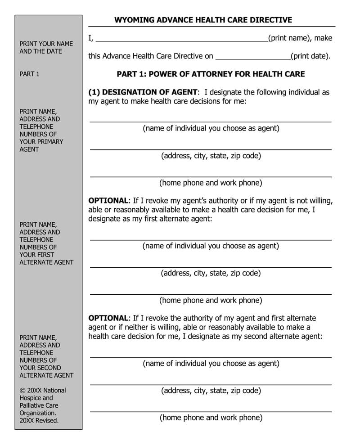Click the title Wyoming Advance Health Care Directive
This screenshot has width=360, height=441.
(x=203, y=20)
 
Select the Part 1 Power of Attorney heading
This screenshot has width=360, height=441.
(x=211, y=74)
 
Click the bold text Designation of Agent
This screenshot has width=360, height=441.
(x=143, y=92)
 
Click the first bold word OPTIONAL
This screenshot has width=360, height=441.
(x=108, y=201)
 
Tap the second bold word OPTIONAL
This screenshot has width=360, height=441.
(x=108, y=318)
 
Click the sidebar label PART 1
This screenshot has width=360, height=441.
(x=30, y=74)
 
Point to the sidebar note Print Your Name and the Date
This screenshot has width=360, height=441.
(x=46, y=48)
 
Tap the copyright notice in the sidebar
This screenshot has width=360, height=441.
(x=42, y=405)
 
